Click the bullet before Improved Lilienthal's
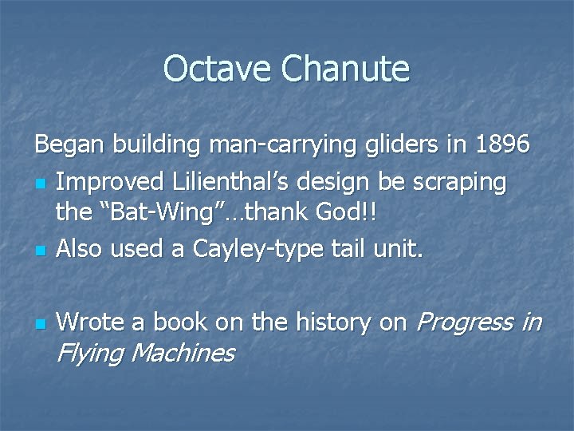coord(39,184)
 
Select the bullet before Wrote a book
coord(39,324)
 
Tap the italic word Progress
coord(465,324)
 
